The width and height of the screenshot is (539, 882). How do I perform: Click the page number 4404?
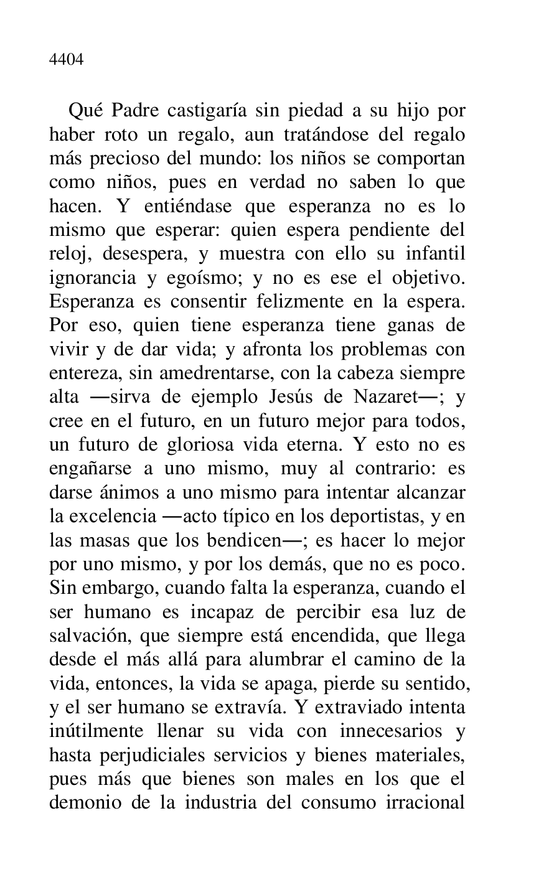click(x=66, y=60)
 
